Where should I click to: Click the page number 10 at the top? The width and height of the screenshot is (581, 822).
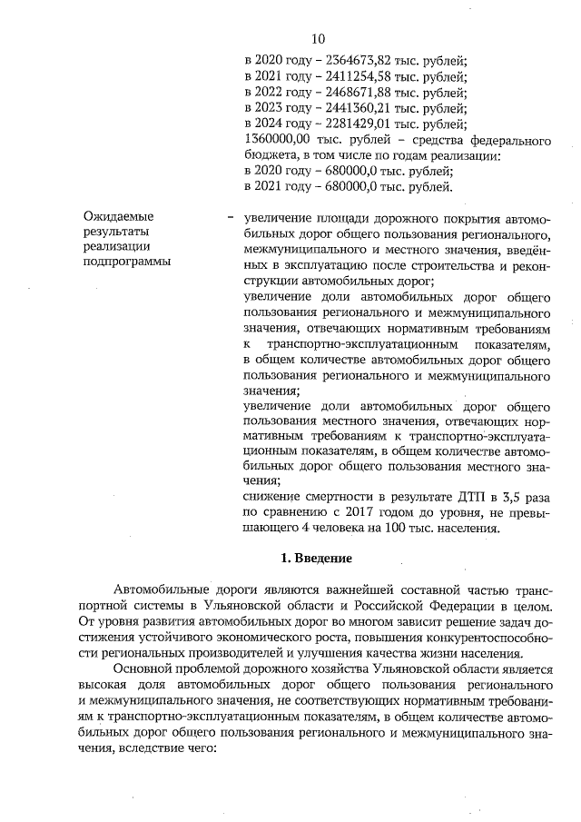318,38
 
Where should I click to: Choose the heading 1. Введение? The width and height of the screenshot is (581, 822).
315,556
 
